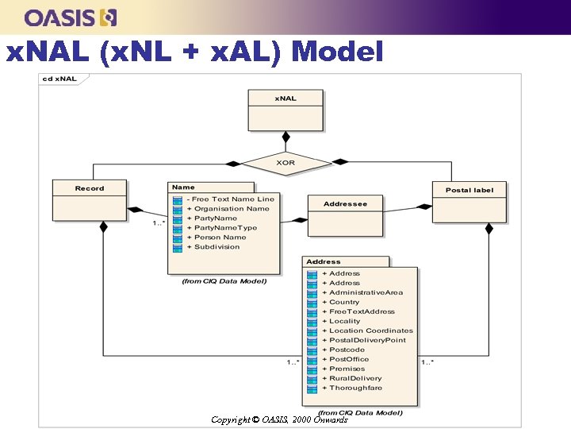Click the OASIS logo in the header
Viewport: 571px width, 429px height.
(x=71, y=17)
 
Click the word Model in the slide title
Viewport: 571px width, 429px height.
(x=338, y=52)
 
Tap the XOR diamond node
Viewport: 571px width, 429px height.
(x=286, y=162)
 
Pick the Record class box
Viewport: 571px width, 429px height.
(x=90, y=199)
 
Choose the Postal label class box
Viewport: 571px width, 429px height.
(x=469, y=202)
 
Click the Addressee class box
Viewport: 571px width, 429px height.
(x=345, y=215)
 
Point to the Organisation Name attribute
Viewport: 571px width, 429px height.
(x=232, y=209)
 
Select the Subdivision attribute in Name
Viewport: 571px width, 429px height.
(x=217, y=247)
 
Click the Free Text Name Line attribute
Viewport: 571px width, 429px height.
(x=234, y=199)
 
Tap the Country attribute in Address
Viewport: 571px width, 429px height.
(x=344, y=302)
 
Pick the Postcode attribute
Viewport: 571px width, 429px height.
(x=347, y=350)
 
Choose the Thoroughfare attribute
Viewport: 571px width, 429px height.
(x=355, y=388)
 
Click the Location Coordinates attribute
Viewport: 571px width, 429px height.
(x=370, y=330)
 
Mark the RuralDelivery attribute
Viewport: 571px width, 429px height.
(x=355, y=378)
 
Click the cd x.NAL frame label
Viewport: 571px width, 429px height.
(x=60, y=79)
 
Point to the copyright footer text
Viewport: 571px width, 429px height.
(x=279, y=419)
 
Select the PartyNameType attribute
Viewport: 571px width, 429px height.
(x=225, y=228)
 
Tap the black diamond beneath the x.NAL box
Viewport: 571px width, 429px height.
(x=286, y=136)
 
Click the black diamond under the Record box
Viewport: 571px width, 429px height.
(x=102, y=227)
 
